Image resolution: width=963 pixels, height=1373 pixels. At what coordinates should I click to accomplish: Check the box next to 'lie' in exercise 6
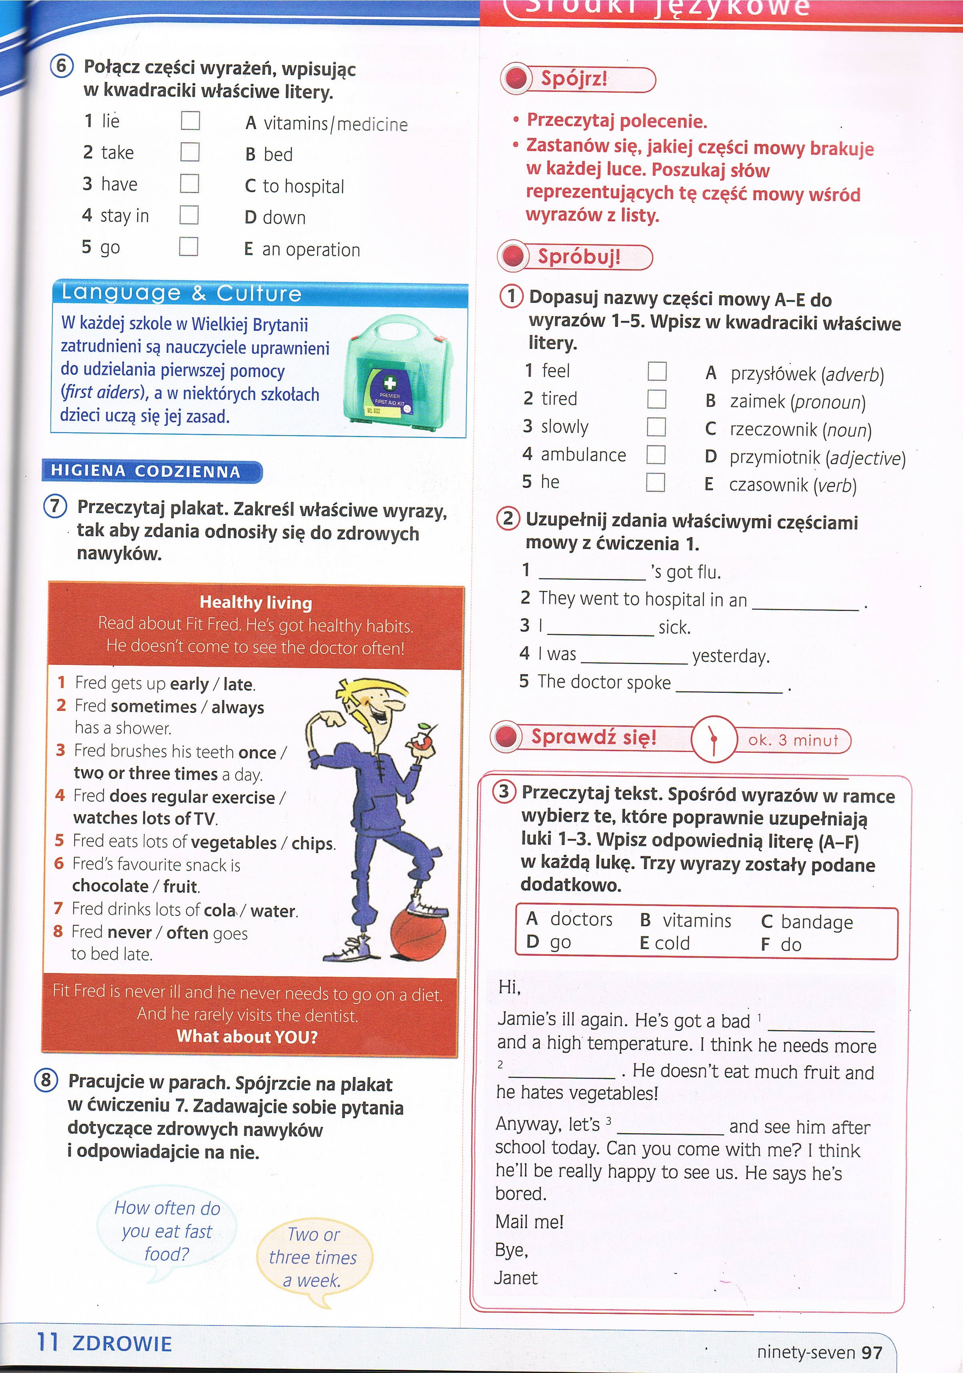point(190,120)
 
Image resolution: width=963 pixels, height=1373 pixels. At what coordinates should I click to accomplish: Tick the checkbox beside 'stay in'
point(189,214)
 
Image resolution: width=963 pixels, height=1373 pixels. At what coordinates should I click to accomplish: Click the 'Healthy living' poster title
point(255,602)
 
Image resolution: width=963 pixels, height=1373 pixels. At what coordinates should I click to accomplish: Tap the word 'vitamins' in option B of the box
point(696,920)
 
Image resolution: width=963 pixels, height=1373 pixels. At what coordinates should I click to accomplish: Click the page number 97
point(872,1352)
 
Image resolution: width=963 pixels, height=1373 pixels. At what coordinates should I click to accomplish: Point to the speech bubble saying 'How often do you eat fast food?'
point(167,1231)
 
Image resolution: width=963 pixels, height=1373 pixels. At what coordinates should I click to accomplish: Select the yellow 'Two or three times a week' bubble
point(313,1257)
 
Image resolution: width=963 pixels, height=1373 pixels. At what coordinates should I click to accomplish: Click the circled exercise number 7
point(55,506)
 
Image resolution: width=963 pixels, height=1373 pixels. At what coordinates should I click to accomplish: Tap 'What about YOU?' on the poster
point(247,1036)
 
